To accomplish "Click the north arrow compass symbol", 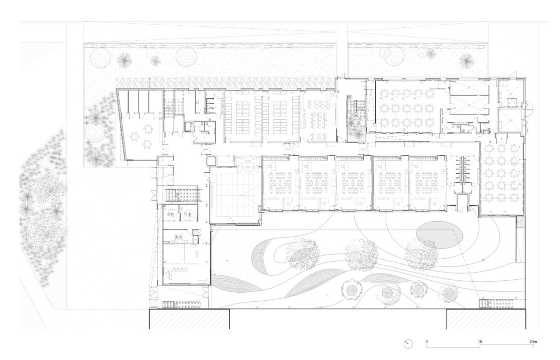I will pyautogui.click(x=409, y=344).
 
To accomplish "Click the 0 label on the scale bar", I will pyautogui.click(x=426, y=341).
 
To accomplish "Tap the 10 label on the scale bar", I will pyautogui.click(x=480, y=341).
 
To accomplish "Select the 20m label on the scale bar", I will pyautogui.click(x=533, y=341).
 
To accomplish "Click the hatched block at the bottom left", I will pyautogui.click(x=189, y=319).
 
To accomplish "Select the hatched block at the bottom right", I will pyautogui.click(x=485, y=319).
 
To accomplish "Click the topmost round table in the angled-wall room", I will pyautogui.click(x=149, y=126).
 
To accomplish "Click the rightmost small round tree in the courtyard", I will pyautogui.click(x=448, y=292).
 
